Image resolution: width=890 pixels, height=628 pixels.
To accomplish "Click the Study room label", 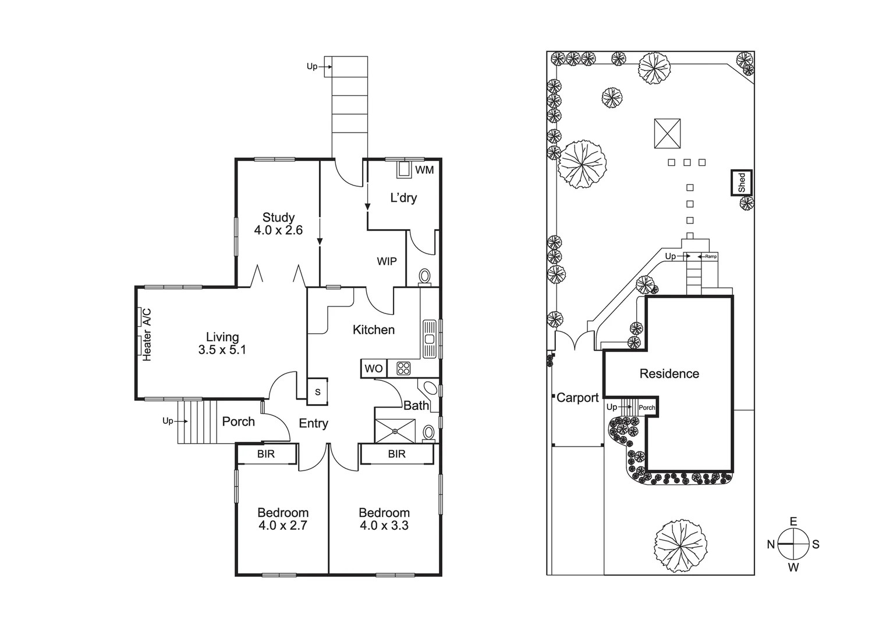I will click(x=278, y=217).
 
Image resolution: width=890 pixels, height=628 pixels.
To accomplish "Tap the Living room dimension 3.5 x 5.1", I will click(x=222, y=350).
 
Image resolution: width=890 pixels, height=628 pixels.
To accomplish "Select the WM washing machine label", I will click(x=424, y=170).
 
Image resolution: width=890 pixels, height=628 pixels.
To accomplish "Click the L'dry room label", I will click(x=403, y=198).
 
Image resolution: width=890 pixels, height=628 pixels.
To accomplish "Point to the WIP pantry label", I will click(x=387, y=261).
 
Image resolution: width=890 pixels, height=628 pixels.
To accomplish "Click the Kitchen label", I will click(x=374, y=330).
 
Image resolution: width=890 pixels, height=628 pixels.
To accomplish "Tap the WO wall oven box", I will click(x=374, y=369).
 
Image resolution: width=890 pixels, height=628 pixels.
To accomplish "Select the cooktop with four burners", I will click(x=403, y=369).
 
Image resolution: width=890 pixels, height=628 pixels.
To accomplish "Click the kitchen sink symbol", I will click(x=430, y=338).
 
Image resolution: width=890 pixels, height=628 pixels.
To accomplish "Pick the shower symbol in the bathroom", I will click(x=395, y=431).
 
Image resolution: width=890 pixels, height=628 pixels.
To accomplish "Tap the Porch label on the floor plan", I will click(x=238, y=422).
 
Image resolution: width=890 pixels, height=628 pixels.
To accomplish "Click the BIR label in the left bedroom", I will click(x=266, y=454).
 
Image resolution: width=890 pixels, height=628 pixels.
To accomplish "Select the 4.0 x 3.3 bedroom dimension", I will click(x=384, y=526).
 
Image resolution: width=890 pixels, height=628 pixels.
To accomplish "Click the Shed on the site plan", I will click(x=742, y=183).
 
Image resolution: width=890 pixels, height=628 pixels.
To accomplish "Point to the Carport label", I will click(x=577, y=398).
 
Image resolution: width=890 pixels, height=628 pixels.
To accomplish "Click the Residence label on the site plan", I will click(x=669, y=374).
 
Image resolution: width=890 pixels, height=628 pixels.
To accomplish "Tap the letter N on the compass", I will click(x=771, y=544).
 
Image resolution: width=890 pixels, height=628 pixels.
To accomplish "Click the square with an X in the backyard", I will click(x=667, y=133).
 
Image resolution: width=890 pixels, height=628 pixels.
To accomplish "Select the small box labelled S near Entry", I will click(x=318, y=392).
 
